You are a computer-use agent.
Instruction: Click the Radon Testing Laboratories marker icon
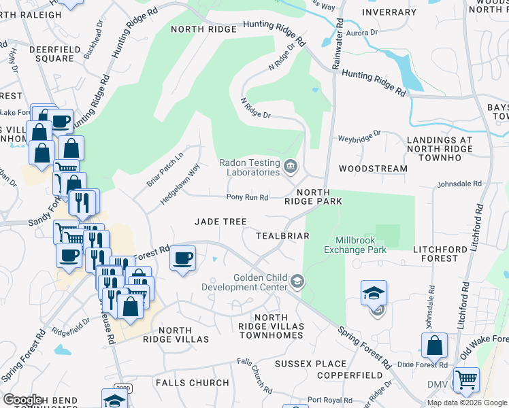(291, 164)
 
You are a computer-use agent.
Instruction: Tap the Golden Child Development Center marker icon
(297, 281)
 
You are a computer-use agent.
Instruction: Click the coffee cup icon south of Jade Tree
(182, 258)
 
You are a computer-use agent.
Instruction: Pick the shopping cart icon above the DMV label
(466, 379)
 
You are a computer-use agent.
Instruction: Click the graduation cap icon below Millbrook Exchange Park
(374, 292)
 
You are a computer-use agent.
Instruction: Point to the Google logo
(22, 400)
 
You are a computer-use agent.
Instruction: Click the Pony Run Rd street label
(248, 198)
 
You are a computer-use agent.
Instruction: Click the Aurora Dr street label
(361, 33)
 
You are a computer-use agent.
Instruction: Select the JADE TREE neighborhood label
(220, 222)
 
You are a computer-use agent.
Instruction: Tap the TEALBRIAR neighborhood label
(282, 236)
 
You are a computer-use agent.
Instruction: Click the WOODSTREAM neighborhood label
(373, 168)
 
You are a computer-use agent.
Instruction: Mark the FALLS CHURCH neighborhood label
(192, 383)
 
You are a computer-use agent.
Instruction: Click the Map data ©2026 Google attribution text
(467, 403)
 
